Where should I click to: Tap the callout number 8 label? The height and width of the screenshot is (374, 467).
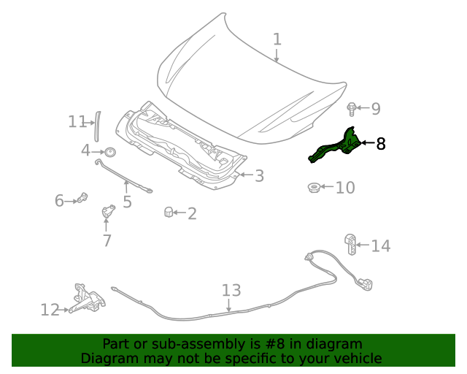point(380,144)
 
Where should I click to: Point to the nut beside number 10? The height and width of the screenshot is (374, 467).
point(312,188)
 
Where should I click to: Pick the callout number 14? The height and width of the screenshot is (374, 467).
point(381,246)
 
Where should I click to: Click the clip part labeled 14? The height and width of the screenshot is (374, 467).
point(351,243)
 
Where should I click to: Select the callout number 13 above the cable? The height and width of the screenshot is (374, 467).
point(231,291)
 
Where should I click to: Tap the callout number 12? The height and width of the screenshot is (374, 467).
point(50,310)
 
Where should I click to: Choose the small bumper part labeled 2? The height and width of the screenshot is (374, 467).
point(168,213)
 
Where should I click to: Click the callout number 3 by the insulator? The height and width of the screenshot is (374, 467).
point(259,175)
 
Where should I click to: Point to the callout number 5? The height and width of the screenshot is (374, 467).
point(127,202)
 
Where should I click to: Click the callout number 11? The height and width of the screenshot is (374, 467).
point(77,122)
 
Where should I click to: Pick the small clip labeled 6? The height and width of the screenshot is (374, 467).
point(82,197)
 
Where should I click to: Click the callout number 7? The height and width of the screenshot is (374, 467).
point(107,240)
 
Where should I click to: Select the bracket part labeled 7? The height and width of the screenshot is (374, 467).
point(108,212)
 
